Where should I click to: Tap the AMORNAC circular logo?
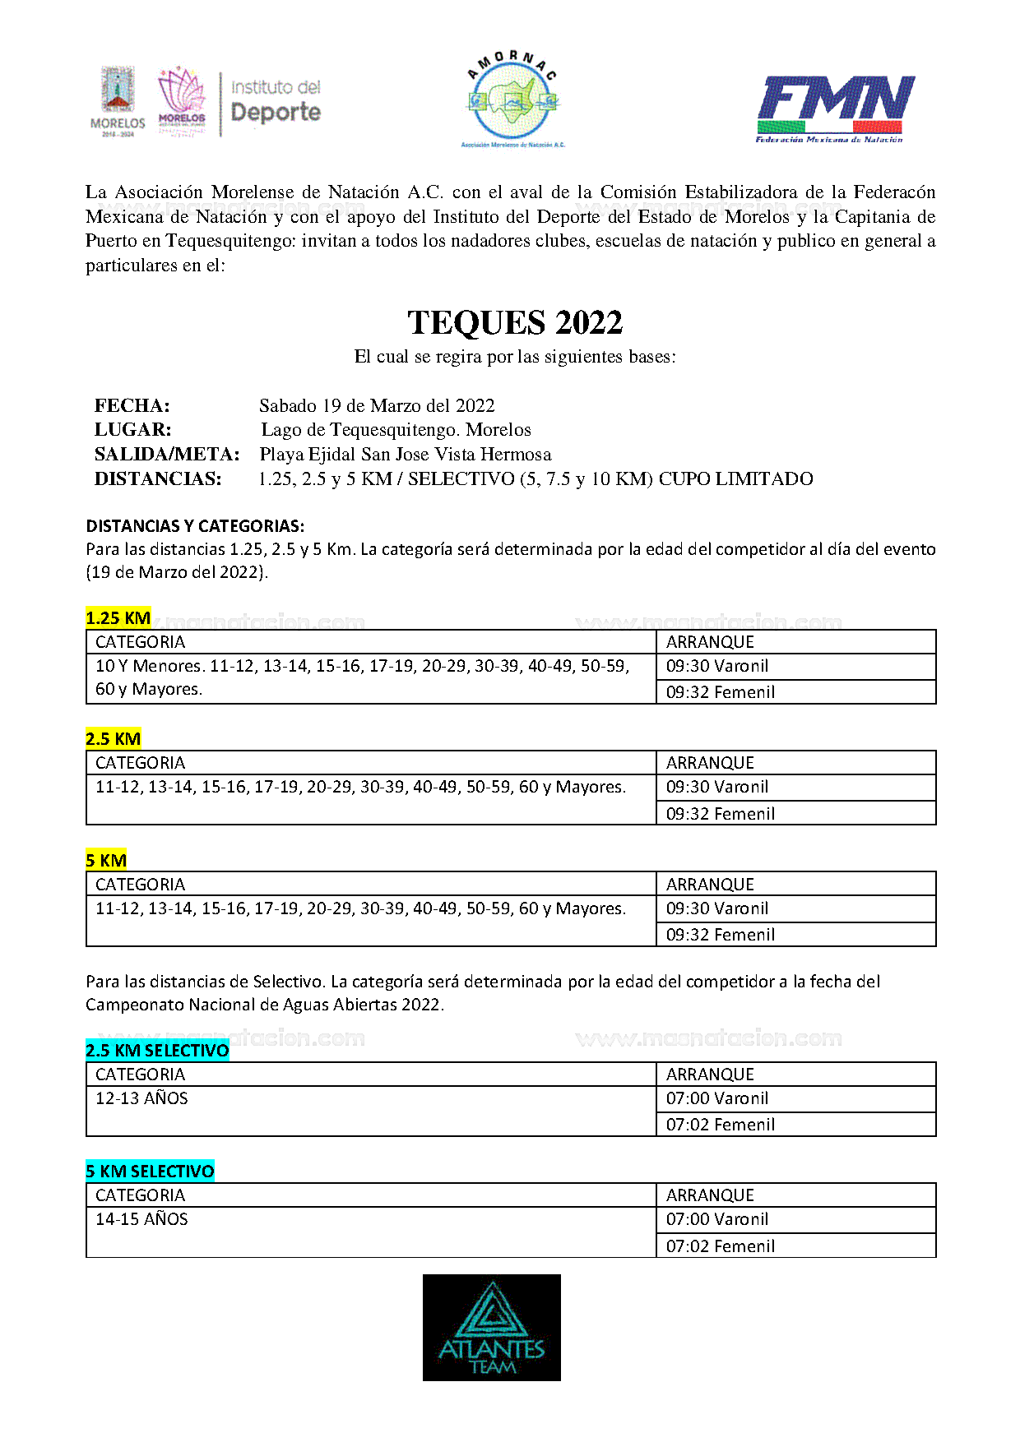coord(512,99)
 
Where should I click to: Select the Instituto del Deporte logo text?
coord(275,102)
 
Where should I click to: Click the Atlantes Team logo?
coord(491,1327)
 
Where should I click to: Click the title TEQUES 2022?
coord(515,322)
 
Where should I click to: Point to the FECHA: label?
coord(132,405)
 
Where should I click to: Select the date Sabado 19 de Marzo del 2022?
coord(377,405)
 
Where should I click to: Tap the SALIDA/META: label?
coord(167,454)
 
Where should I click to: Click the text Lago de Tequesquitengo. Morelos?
coord(396,429)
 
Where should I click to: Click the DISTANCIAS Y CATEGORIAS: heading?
coord(195,526)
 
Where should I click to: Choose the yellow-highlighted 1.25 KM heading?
coord(118,618)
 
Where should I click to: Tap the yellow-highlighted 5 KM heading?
coord(106,861)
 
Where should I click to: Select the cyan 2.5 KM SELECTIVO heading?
coord(157,1051)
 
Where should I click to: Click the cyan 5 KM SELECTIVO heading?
coord(150,1172)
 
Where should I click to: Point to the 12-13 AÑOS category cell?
coord(141,1098)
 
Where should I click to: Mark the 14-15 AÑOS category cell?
coord(141,1219)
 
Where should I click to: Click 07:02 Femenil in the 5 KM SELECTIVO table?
coord(720,1246)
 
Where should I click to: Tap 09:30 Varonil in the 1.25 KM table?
coord(716,666)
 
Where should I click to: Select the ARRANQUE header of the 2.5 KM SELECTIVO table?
coord(709,1075)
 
